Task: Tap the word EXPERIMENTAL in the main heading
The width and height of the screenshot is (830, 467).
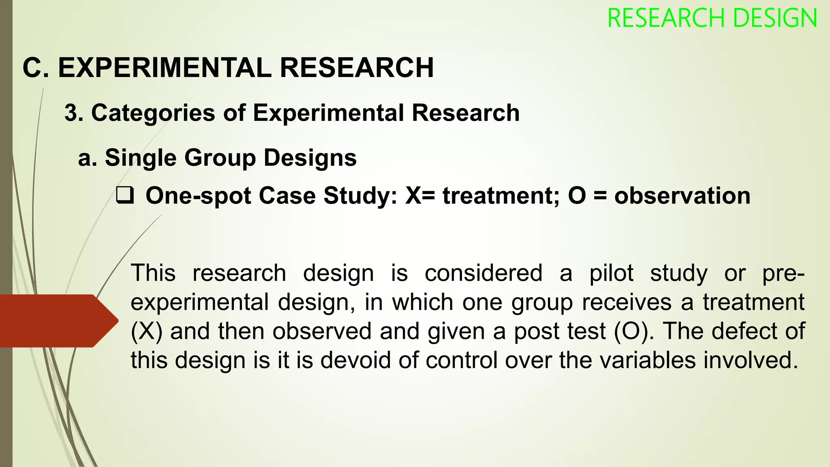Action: pyautogui.click(x=165, y=67)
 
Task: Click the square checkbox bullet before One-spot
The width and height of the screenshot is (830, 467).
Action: pyautogui.click(x=125, y=195)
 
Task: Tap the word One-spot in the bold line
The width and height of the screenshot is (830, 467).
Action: pyautogui.click(x=198, y=195)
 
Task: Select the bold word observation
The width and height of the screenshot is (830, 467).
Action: pyautogui.click(x=682, y=195)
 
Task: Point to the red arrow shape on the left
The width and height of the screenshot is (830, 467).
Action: pyautogui.click(x=59, y=321)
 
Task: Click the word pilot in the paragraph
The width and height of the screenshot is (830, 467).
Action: pyautogui.click(x=611, y=273)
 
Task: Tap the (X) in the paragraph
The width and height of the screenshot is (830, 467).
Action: pyautogui.click(x=147, y=331)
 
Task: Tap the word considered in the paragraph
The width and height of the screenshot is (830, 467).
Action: pyautogui.click(x=483, y=273)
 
